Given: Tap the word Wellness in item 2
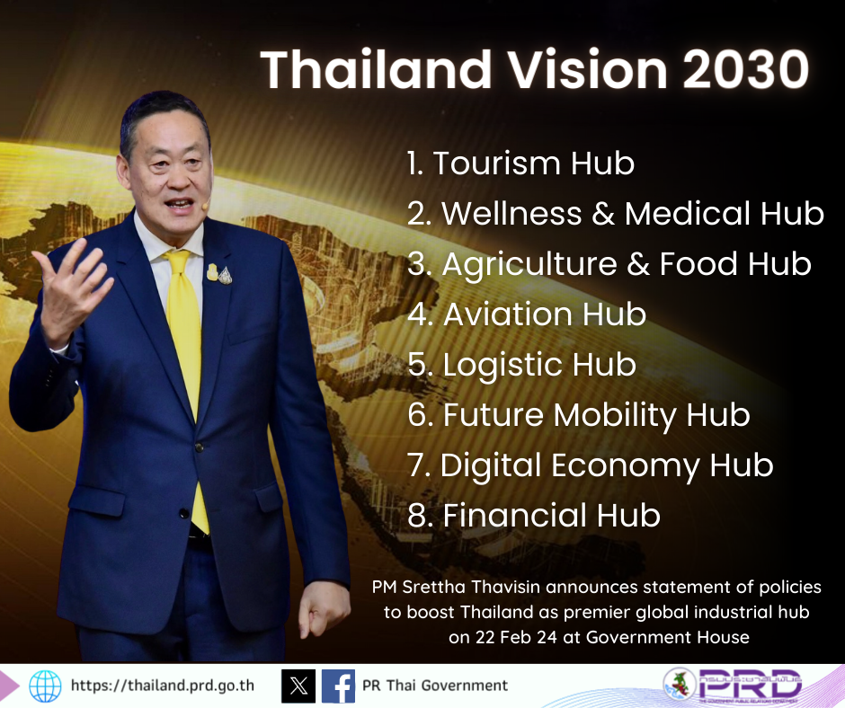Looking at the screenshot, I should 511,214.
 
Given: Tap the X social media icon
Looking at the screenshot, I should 298,686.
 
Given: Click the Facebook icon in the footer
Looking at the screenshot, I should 338,686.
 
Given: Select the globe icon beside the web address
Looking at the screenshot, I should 45,686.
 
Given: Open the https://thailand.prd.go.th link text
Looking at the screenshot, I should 162,686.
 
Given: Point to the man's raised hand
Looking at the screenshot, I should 67,279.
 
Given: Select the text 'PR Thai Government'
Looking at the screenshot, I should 434,686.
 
